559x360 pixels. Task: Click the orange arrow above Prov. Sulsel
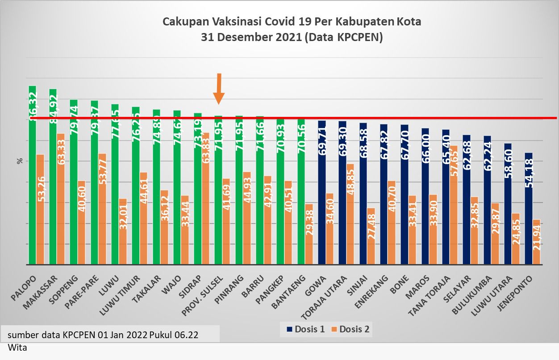[218, 89]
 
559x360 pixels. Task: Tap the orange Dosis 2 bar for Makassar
[60, 201]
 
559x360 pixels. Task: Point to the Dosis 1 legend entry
[305, 330]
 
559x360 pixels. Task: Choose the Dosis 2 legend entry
[350, 330]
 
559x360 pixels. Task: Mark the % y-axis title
[20, 161]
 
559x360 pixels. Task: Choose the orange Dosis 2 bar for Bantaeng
[308, 234]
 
